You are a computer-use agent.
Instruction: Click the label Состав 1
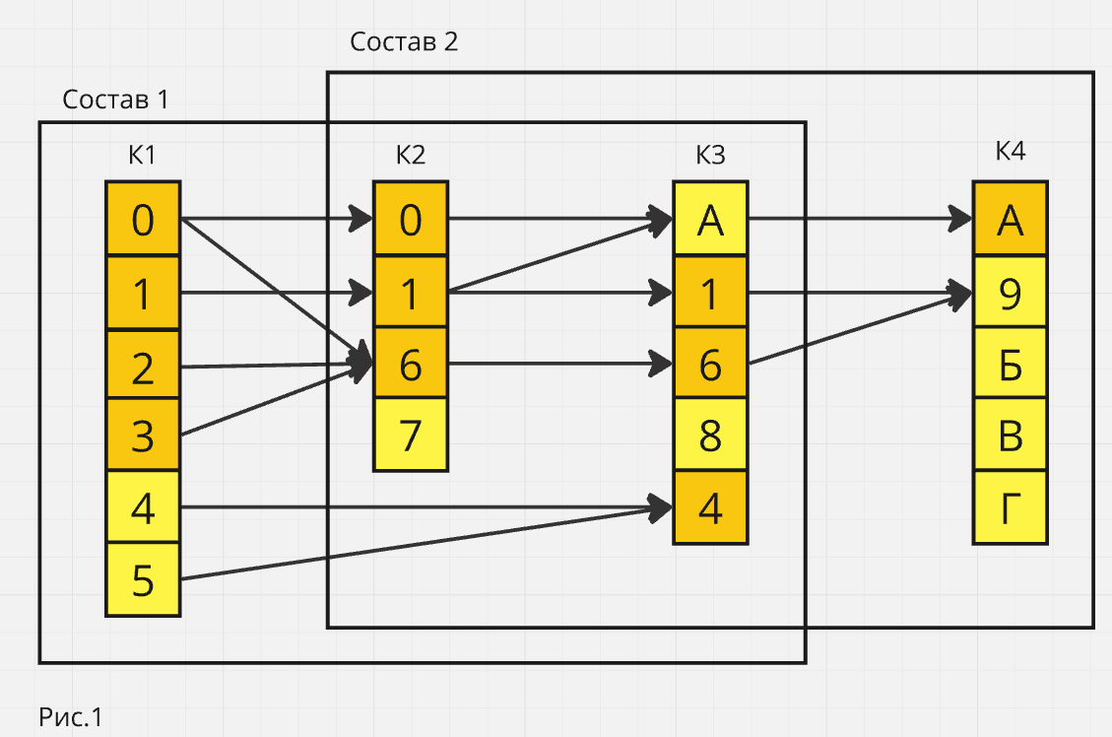click(x=115, y=100)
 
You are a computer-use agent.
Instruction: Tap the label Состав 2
click(x=404, y=42)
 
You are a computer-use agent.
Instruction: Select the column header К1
click(x=142, y=155)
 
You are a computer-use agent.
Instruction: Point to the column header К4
click(x=1010, y=152)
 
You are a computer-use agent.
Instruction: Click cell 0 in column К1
click(x=143, y=219)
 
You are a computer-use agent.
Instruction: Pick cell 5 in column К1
click(x=143, y=579)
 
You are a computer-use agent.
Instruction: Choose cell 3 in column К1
click(x=143, y=435)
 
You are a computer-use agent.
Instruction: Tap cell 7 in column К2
click(x=410, y=435)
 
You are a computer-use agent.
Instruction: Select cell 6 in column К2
click(x=410, y=364)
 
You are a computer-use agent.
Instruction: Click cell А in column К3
click(x=710, y=219)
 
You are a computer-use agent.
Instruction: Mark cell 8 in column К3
click(x=710, y=435)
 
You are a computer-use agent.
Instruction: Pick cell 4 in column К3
click(x=710, y=507)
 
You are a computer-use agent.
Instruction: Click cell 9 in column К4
click(x=1010, y=292)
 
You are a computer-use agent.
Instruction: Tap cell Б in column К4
click(x=1010, y=364)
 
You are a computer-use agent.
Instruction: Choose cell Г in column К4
click(x=1010, y=507)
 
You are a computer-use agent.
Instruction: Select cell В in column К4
click(x=1010, y=435)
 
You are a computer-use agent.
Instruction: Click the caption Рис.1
click(x=71, y=717)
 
